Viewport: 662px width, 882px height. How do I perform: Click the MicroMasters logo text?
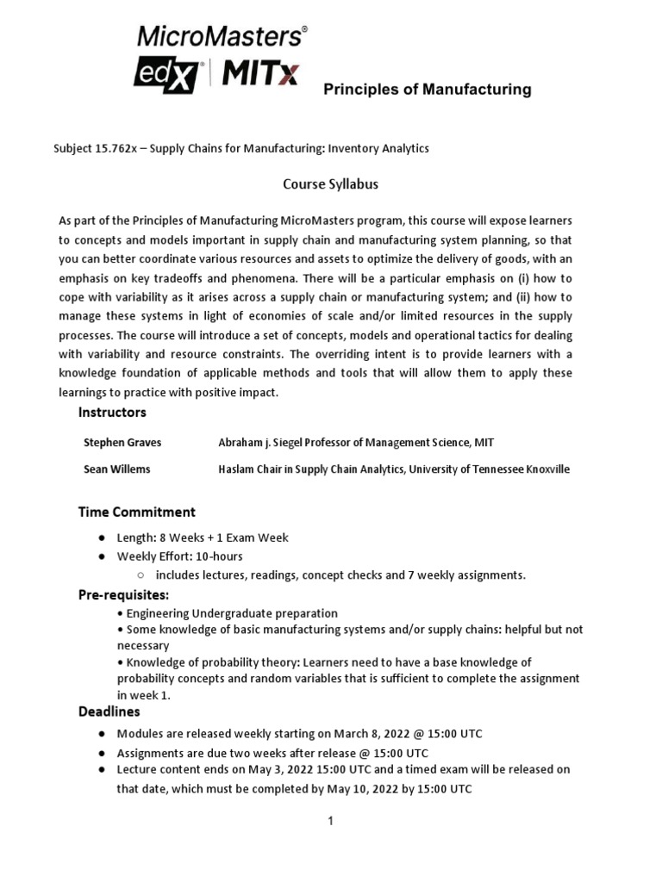(x=220, y=36)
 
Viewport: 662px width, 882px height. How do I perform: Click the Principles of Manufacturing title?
(x=427, y=90)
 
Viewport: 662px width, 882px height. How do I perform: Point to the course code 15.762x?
(x=116, y=148)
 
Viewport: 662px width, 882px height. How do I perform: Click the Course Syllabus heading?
(x=331, y=183)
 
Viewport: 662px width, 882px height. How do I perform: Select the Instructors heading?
(x=112, y=413)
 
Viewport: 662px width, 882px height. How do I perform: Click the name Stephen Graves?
(x=122, y=442)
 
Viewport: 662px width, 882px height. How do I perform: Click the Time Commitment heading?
(x=137, y=512)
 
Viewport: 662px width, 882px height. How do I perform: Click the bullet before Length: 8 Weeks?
(x=102, y=537)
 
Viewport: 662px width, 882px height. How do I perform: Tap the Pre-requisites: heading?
(x=124, y=594)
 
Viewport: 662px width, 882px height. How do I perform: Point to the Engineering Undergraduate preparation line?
(x=231, y=612)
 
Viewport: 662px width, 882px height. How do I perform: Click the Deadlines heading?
(x=109, y=711)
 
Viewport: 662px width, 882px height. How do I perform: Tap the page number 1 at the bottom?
(x=330, y=822)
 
